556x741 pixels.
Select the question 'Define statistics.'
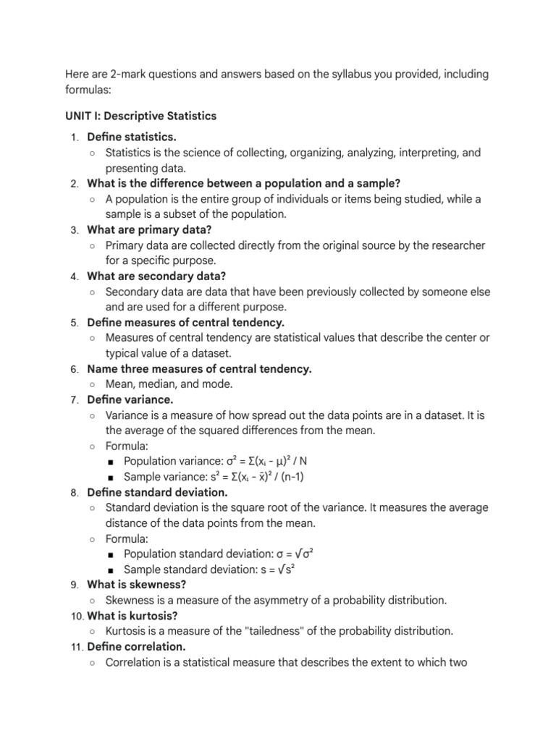[x=131, y=137]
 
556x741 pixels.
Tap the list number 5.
[x=75, y=323]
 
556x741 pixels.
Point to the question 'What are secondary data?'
[x=156, y=276]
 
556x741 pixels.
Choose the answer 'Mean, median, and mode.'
[x=169, y=384]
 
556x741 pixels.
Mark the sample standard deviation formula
[x=210, y=569]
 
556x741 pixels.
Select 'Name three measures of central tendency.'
[x=199, y=369]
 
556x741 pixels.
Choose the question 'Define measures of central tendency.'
[x=185, y=323]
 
